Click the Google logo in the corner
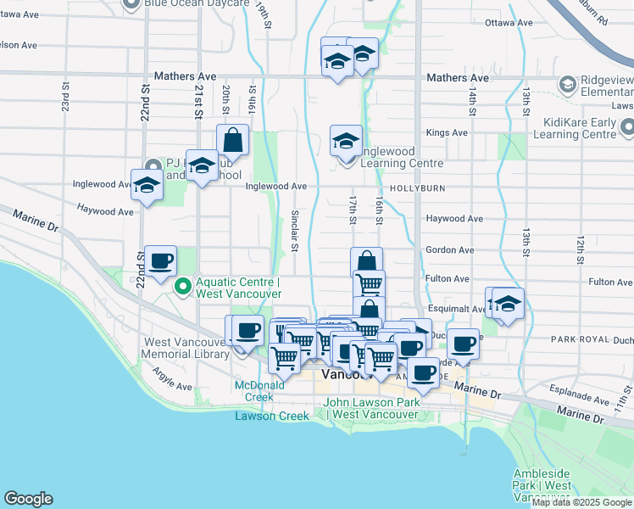(29, 499)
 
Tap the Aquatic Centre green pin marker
(182, 288)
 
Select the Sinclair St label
(295, 231)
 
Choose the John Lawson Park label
(372, 402)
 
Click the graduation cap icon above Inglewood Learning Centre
(345, 140)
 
